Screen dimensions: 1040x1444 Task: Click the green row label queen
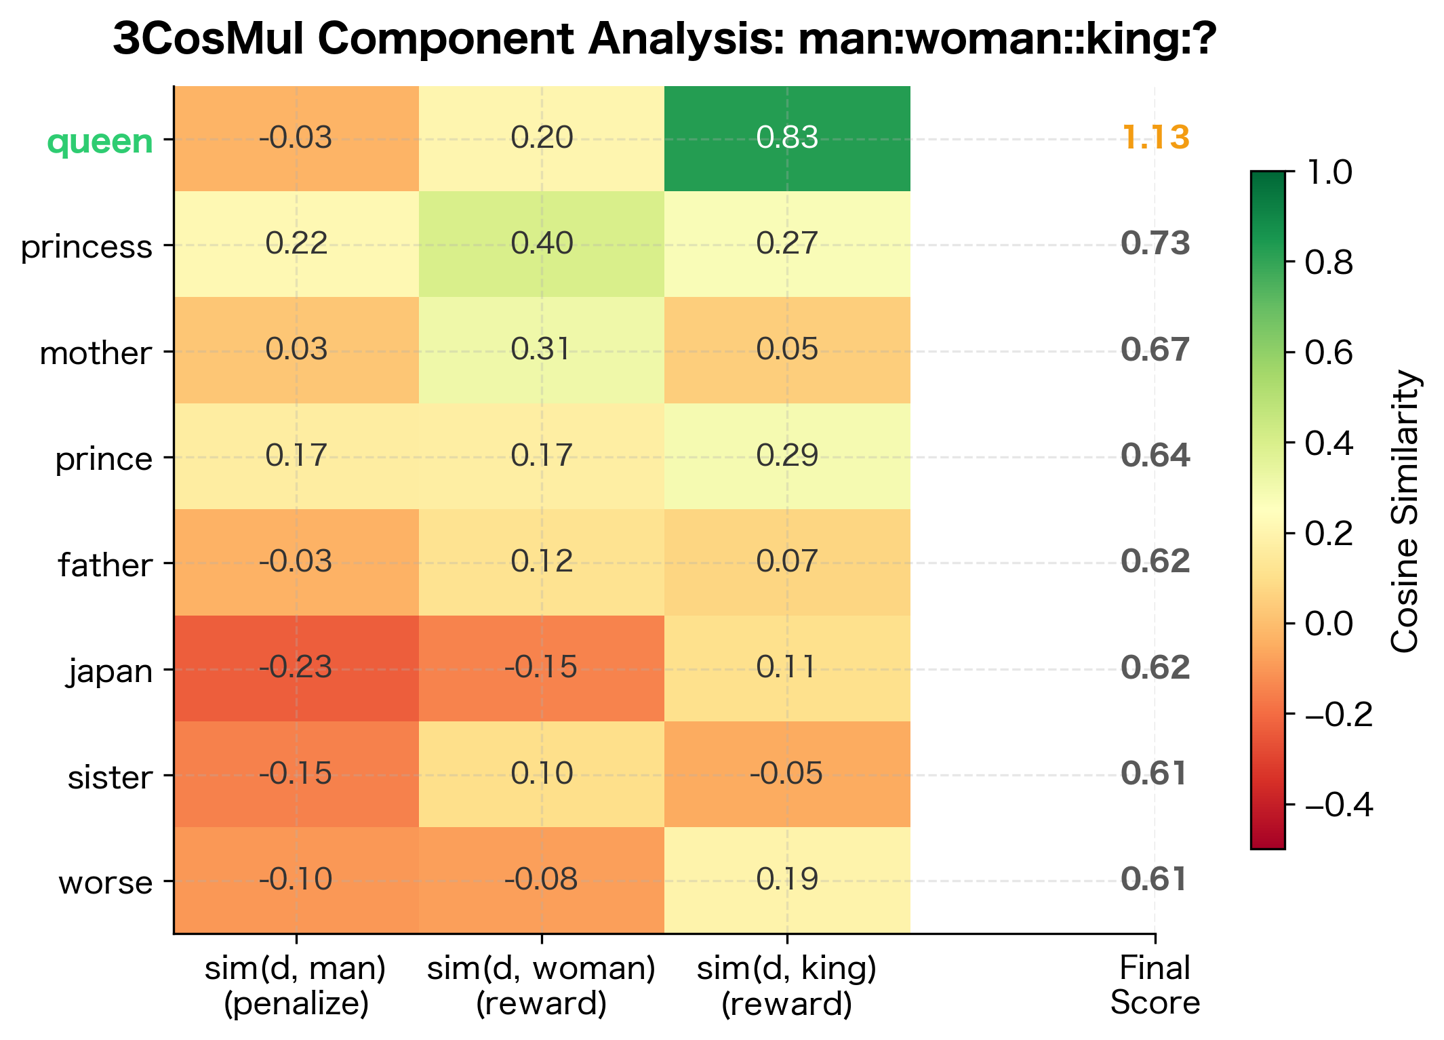coord(100,141)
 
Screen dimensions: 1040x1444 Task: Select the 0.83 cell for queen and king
coord(787,138)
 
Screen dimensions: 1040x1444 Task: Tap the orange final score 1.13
coord(1155,138)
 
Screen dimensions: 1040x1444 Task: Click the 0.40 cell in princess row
coord(542,243)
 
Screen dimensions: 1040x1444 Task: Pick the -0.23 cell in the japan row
coord(296,668)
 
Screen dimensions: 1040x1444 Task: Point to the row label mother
coord(96,353)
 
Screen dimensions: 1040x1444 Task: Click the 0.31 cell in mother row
coord(542,349)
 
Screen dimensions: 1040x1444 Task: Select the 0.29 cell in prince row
coord(787,456)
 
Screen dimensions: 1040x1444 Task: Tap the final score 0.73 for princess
coord(1155,243)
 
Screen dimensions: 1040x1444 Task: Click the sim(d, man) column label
coord(296,985)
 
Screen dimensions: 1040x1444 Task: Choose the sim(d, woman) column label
coord(542,985)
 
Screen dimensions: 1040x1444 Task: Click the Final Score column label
coord(1155,985)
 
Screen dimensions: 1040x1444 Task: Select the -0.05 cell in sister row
coord(787,774)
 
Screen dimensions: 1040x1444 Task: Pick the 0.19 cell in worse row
coord(787,879)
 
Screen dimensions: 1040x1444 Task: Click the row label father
coord(104,565)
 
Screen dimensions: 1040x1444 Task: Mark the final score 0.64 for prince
coord(1155,456)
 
